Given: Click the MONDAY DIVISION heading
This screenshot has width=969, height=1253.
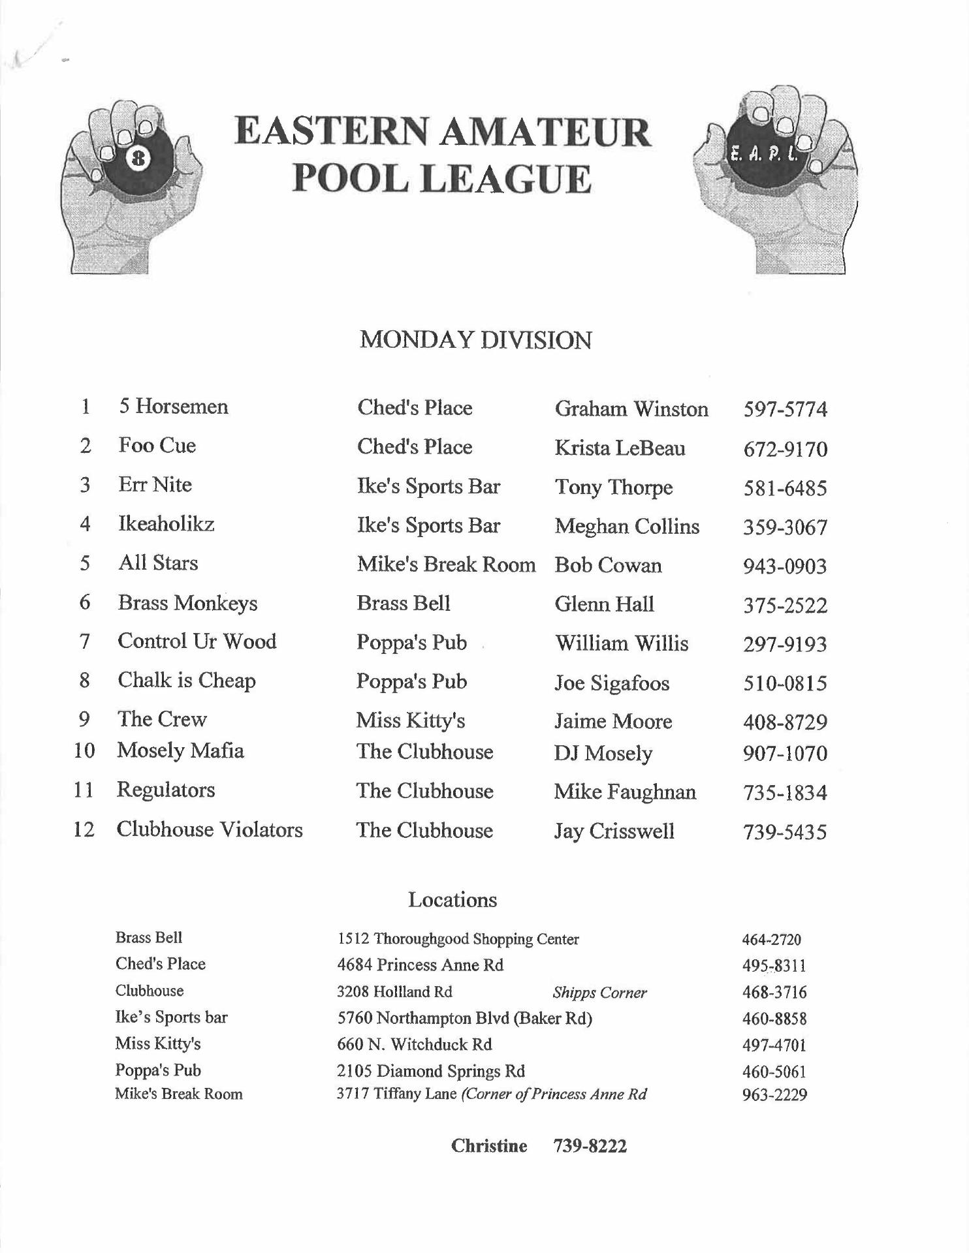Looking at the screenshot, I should [x=475, y=341].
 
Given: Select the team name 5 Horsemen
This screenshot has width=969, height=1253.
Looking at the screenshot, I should [x=173, y=407].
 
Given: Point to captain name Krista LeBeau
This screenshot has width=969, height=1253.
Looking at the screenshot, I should [x=620, y=448].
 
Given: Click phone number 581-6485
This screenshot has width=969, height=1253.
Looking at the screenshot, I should [x=785, y=488].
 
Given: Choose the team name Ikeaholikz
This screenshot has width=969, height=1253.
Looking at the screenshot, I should [x=166, y=524].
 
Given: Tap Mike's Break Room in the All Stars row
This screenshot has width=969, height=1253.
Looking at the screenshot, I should [x=446, y=565].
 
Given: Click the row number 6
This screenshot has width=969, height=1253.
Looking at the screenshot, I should [x=85, y=602].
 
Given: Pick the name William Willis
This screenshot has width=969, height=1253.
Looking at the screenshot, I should [x=622, y=643].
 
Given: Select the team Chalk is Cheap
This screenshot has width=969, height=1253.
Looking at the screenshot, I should [x=187, y=681].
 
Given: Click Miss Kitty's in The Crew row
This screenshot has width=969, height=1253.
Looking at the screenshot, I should [x=411, y=720].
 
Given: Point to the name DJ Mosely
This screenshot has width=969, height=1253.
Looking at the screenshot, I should [x=603, y=753].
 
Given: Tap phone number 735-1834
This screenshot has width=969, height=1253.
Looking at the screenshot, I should [x=785, y=793].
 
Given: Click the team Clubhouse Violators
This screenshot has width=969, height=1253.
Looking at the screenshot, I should [x=210, y=829].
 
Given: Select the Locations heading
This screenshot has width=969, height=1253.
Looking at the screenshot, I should [x=453, y=900].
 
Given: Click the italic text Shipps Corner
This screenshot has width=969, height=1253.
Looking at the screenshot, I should [x=599, y=993].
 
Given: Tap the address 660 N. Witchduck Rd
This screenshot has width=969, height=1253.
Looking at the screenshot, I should [x=414, y=1045].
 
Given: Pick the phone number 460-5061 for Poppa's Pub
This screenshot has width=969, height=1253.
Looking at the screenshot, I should [x=774, y=1072].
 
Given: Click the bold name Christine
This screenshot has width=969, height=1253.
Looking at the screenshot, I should [x=489, y=1146].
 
